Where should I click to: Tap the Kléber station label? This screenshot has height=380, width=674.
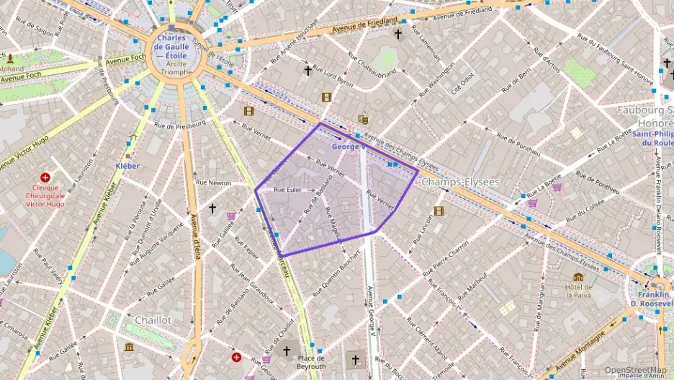point(127,166)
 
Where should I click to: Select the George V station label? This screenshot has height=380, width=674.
point(349,146)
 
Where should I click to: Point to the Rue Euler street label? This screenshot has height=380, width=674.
point(288,190)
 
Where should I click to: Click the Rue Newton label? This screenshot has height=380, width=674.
point(214,182)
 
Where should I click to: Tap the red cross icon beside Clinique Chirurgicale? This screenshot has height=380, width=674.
point(45,177)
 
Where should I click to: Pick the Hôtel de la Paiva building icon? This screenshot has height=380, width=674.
point(578,277)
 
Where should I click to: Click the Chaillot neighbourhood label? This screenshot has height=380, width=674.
point(153,319)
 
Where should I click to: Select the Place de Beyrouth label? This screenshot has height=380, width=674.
point(311,361)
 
